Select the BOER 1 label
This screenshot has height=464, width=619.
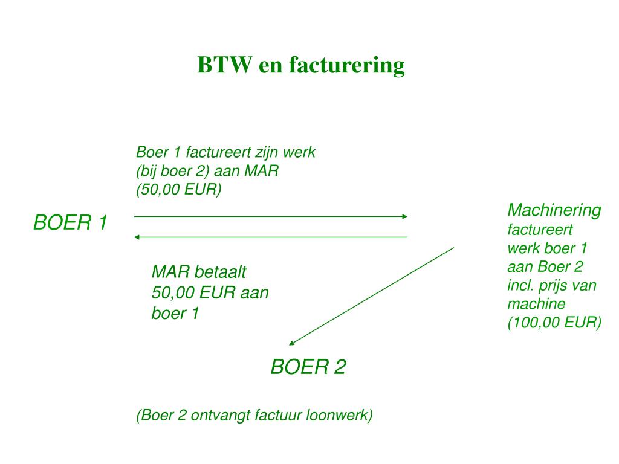pyautogui.click(x=70, y=223)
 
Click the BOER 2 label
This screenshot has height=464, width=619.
pyautogui.click(x=308, y=367)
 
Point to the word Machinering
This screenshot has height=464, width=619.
pyautogui.click(x=554, y=210)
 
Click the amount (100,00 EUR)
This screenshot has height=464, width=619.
pyautogui.click(x=554, y=323)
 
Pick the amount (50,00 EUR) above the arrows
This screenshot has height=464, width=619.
pyautogui.click(x=179, y=190)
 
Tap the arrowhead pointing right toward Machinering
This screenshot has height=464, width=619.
pyautogui.click(x=405, y=216)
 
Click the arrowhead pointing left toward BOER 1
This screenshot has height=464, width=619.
pyautogui.click(x=137, y=237)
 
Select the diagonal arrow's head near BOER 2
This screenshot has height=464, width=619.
pyautogui.click(x=291, y=343)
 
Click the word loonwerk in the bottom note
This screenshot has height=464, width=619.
pyautogui.click(x=340, y=416)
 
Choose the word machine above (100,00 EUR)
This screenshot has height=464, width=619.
pyautogui.click(x=536, y=304)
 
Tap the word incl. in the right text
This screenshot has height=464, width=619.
pyautogui.click(x=521, y=285)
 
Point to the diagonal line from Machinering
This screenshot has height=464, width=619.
pyautogui.click(x=372, y=296)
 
